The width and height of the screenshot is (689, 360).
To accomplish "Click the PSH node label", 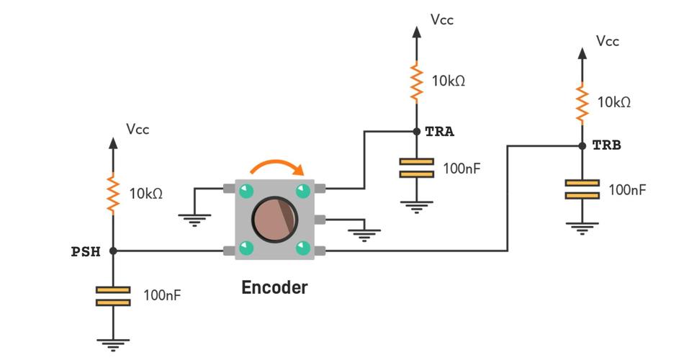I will (x=86, y=251).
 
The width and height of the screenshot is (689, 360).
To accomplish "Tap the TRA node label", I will (x=440, y=132).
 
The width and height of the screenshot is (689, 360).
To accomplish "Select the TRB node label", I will (x=606, y=145).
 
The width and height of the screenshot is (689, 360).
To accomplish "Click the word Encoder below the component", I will (x=274, y=287).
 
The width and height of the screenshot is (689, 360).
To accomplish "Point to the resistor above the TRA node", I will (x=416, y=81).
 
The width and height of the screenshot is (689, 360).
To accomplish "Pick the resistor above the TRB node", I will (x=582, y=102).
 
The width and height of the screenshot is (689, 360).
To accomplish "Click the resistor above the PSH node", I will (x=113, y=193).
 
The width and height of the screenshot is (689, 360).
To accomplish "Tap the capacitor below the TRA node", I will (x=416, y=168).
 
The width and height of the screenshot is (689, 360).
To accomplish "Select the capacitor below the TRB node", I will (x=582, y=189).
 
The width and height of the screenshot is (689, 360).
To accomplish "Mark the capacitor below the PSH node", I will (x=113, y=295).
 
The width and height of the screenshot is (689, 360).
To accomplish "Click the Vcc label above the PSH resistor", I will (x=138, y=130).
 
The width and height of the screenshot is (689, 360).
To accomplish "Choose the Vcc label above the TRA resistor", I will (x=442, y=19).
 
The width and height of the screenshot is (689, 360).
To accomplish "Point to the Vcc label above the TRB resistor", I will (x=608, y=41).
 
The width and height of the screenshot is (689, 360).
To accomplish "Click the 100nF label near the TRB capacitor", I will (x=628, y=190).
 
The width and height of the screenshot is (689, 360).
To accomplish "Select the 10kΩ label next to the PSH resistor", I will (x=146, y=194).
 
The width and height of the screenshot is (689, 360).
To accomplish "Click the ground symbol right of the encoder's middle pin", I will (x=364, y=234).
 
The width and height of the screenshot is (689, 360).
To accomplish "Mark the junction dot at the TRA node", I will (x=416, y=132).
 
